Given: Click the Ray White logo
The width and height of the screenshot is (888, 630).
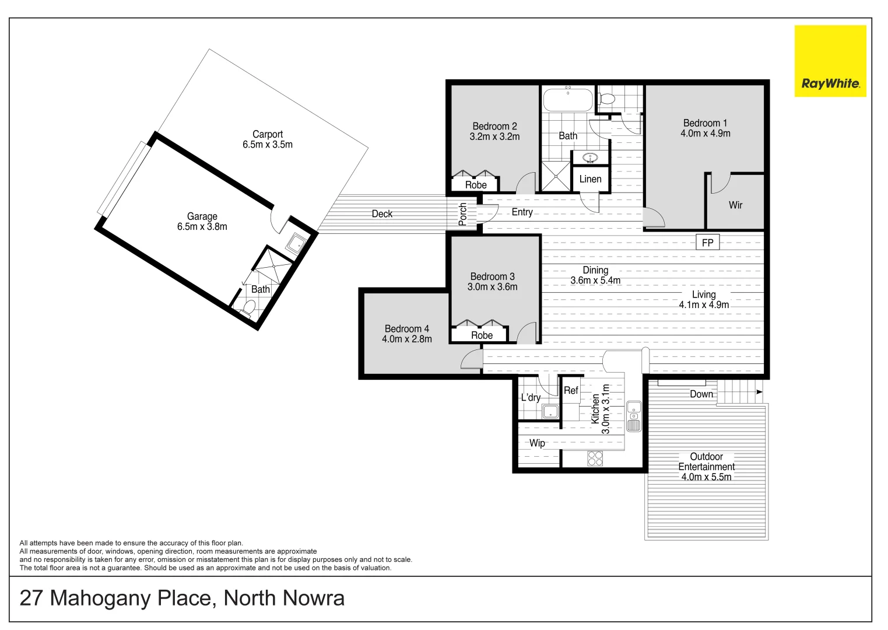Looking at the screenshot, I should (x=830, y=61).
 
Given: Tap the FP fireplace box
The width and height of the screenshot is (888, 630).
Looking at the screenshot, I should (x=707, y=242).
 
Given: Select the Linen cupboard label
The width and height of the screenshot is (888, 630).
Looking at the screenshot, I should (x=590, y=179).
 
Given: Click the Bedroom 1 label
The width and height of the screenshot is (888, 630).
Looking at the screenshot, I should (x=705, y=123).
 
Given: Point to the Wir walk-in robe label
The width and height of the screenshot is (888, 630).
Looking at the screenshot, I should (x=735, y=205).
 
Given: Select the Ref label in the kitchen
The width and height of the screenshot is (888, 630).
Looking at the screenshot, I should (x=571, y=390).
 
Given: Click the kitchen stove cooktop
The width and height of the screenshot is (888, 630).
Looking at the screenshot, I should (x=595, y=459).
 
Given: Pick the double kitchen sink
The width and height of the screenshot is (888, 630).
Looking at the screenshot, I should (x=634, y=416).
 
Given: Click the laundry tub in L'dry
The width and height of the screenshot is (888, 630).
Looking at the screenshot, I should (x=550, y=412).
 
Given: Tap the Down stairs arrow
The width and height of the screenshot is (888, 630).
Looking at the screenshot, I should (x=759, y=392).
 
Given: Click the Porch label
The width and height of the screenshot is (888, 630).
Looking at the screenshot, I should (x=463, y=214).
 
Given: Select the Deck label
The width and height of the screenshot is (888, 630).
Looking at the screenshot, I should (x=382, y=214).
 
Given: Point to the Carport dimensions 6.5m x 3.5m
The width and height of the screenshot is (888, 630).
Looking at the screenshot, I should (x=268, y=145).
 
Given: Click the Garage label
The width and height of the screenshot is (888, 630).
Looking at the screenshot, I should (x=202, y=216).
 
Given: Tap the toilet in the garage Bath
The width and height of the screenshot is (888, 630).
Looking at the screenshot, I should (x=247, y=307).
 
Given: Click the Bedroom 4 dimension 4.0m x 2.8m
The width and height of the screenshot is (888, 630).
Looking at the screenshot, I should (x=407, y=339).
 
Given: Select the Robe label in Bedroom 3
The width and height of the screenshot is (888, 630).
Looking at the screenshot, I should (x=482, y=335).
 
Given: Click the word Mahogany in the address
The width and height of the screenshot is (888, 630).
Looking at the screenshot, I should (x=100, y=598).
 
